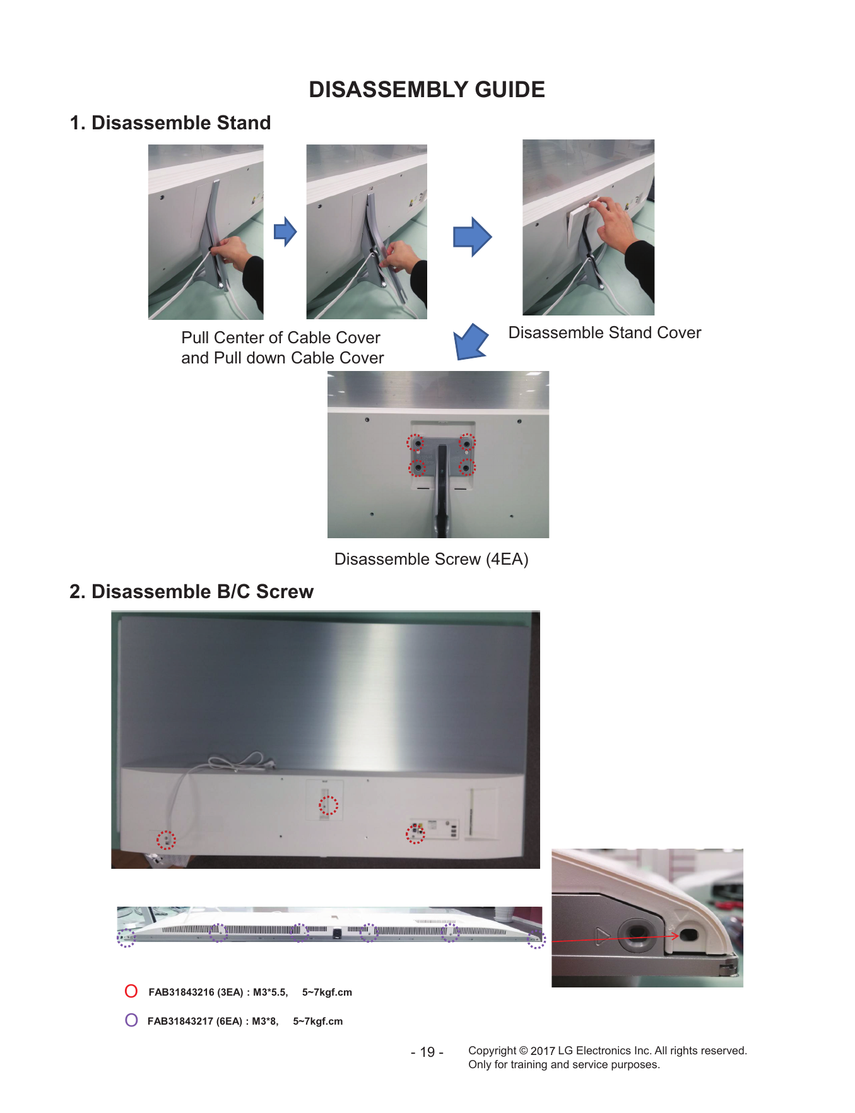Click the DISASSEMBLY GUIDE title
(427, 90)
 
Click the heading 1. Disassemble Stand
(170, 122)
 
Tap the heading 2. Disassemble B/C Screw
(191, 591)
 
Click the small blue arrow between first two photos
(285, 232)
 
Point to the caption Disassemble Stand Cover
(604, 333)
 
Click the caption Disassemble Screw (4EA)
(431, 559)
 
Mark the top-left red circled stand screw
(416, 443)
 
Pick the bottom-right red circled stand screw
(466, 468)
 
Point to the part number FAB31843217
(181, 1021)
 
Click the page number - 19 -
(427, 1052)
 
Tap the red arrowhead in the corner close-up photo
(675, 935)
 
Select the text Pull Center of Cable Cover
(281, 338)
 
